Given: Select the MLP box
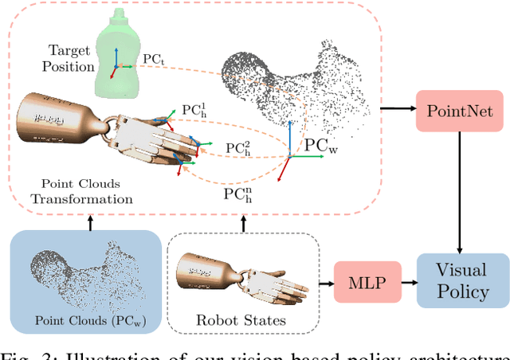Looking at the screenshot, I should point(359,281).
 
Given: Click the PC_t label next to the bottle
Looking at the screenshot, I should point(153,58).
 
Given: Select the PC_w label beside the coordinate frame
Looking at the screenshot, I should point(321,147).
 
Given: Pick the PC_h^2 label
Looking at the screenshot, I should point(236,147).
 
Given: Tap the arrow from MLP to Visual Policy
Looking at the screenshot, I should point(402,281).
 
